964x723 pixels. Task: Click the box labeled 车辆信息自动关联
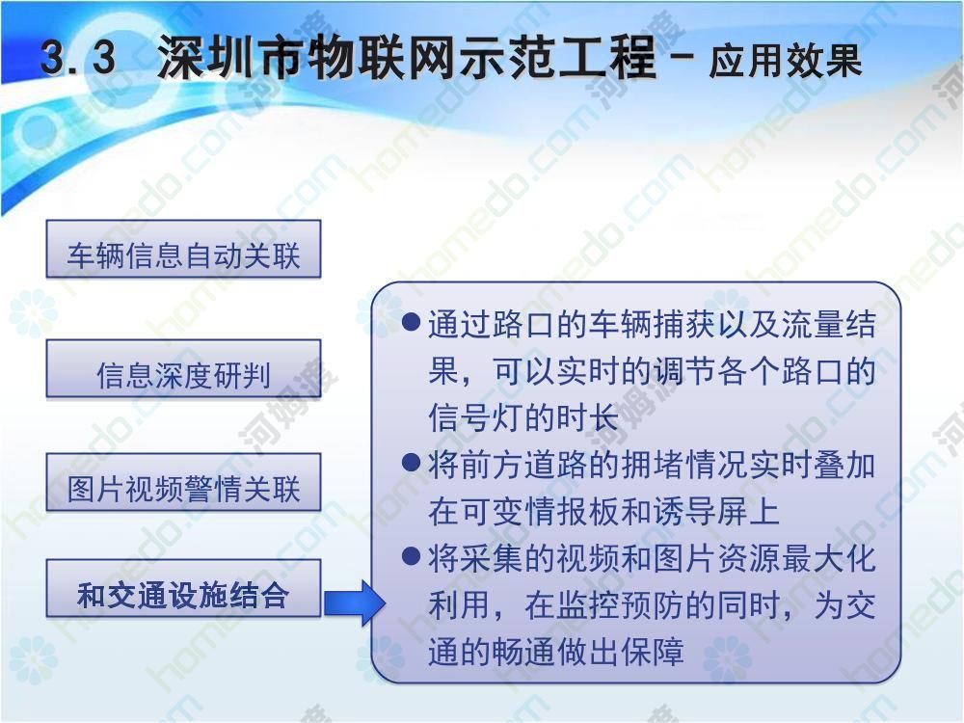[x=183, y=249]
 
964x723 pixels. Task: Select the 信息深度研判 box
[x=183, y=369]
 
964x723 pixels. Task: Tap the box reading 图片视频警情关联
[x=183, y=483]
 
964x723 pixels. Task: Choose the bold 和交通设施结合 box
[x=183, y=588]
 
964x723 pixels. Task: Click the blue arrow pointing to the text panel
[x=355, y=602]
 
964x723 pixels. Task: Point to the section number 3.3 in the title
[x=78, y=59]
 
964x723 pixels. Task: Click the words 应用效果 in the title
[x=785, y=61]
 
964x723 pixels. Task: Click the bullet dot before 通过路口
[x=410, y=322]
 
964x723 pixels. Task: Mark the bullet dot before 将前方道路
[x=410, y=462]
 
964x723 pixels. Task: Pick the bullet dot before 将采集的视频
[x=410, y=556]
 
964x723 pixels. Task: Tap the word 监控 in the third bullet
[x=589, y=605]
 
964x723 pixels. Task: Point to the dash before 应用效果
[x=682, y=59]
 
